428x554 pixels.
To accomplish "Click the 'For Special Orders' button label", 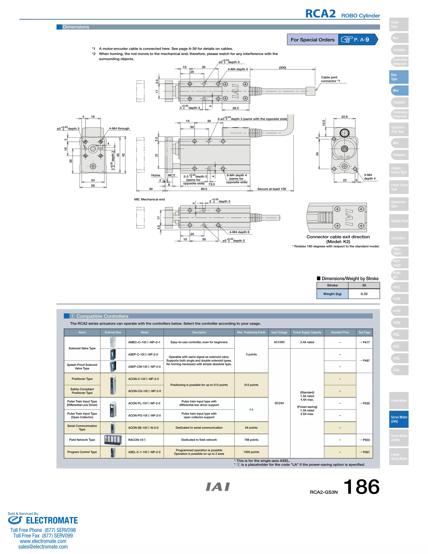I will (312, 40).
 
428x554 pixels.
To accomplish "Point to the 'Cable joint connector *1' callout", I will (330, 79).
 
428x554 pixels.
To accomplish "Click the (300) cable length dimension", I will (283, 68).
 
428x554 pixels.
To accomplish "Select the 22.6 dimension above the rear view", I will (344, 117).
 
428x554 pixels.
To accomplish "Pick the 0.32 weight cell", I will (364, 294).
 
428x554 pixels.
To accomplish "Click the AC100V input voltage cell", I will (279, 342).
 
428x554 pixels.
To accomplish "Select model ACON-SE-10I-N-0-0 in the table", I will (143, 428).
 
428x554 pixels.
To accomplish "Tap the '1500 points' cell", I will (251, 452).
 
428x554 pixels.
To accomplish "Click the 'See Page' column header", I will (364, 332).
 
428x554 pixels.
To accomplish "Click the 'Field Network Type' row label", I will (82, 440).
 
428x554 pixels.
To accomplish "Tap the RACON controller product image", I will (113, 440).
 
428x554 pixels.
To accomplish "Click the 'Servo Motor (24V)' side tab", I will (399, 419).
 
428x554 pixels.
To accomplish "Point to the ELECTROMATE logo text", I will (52, 521).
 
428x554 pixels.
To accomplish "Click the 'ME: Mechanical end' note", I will (149, 199).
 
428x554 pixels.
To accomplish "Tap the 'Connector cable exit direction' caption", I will (338, 237).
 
